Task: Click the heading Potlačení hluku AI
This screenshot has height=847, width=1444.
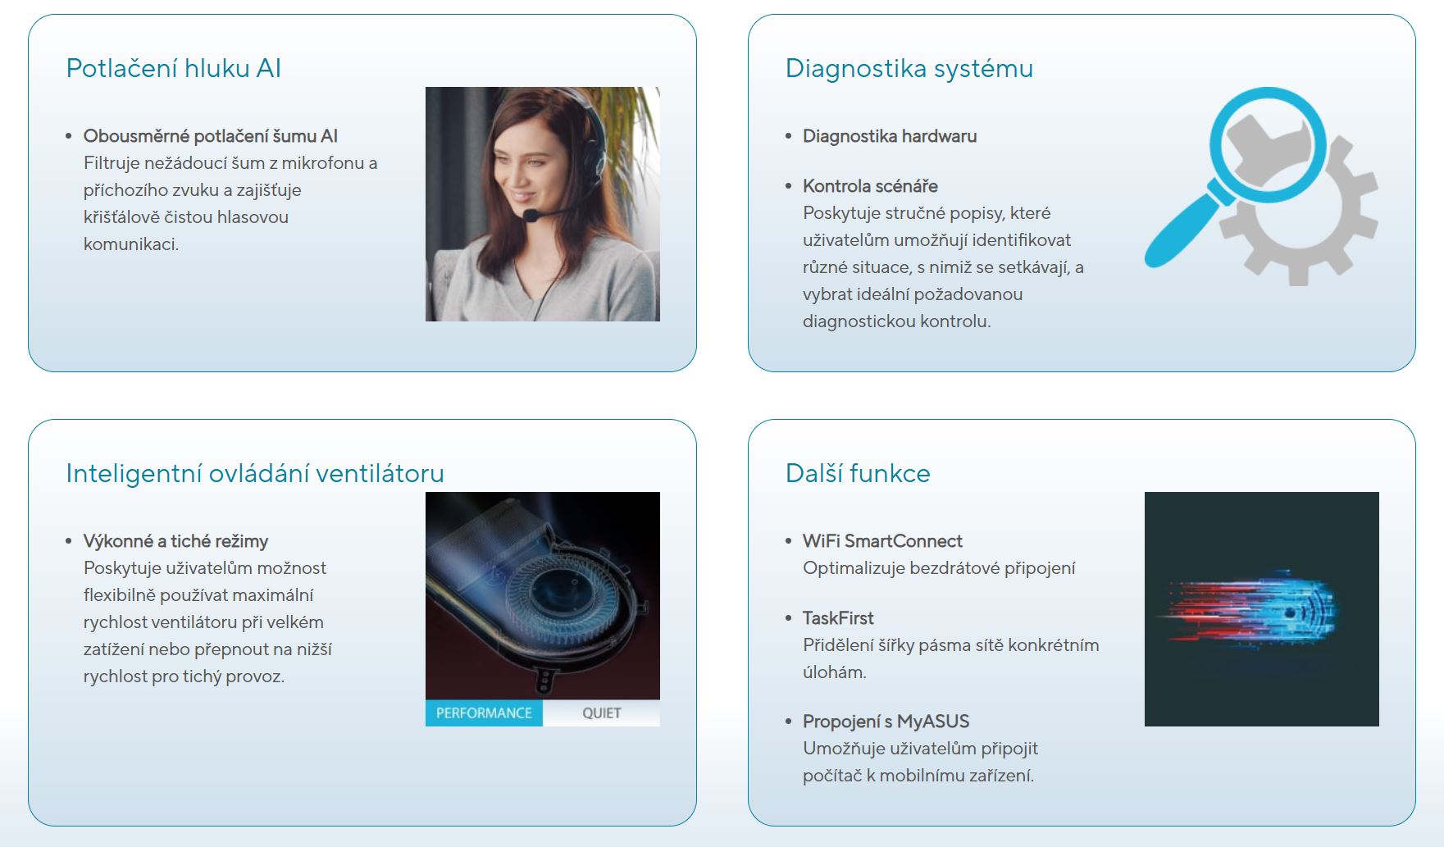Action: [174, 68]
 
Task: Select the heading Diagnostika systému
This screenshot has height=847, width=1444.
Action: [909, 69]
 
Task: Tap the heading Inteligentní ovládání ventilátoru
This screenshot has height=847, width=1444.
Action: [255, 473]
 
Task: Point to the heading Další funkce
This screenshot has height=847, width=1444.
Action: [858, 473]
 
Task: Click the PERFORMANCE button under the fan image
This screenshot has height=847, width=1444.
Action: [484, 713]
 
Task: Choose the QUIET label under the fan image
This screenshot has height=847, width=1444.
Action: [602, 713]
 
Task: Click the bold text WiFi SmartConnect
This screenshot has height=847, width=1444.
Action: [882, 541]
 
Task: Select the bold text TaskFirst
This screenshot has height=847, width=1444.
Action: [838, 618]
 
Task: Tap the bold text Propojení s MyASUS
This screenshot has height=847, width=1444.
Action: [886, 722]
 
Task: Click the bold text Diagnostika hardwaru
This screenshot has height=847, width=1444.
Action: [890, 136]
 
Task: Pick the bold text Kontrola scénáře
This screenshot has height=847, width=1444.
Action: [870, 186]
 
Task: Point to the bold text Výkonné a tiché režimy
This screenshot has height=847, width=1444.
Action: [175, 541]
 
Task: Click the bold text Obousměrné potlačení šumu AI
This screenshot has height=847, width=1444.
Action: [211, 136]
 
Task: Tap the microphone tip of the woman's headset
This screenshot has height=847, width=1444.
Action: [531, 216]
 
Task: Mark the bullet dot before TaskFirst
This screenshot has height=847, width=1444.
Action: [788, 619]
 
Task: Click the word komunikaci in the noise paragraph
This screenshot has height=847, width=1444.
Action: [131, 244]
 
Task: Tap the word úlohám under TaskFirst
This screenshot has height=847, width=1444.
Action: [835, 672]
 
